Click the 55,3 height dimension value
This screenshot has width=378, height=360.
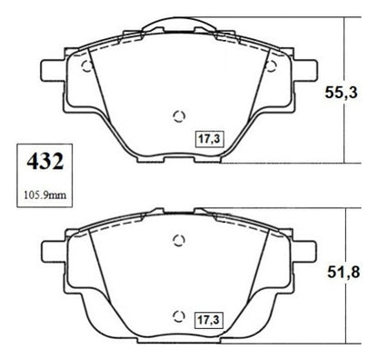(341, 93)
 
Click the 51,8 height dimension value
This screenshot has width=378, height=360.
(343, 272)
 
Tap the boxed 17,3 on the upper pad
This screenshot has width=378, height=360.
(209, 139)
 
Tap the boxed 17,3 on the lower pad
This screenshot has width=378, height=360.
(209, 320)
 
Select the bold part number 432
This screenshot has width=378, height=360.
(45, 161)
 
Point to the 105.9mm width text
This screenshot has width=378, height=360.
(45, 195)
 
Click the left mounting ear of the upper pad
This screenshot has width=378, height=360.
(52, 71)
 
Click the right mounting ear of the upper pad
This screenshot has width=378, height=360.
(306, 71)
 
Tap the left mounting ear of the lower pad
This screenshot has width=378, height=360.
(52, 252)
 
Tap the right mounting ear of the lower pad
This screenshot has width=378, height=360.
(305, 252)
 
